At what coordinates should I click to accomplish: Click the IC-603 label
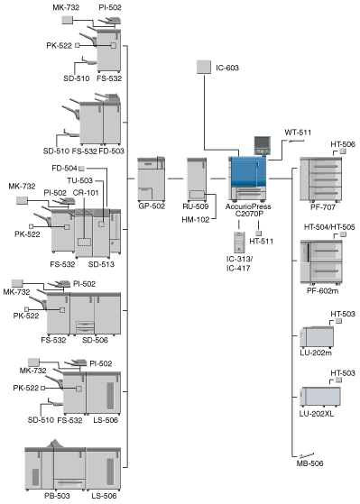227,68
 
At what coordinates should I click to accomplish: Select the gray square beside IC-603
204,67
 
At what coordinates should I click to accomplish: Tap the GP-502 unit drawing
152,179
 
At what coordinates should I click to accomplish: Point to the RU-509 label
196,206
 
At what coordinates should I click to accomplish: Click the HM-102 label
196,220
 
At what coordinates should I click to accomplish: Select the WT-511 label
298,133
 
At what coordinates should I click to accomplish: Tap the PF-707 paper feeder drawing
320,179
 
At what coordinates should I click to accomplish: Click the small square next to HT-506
343,151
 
